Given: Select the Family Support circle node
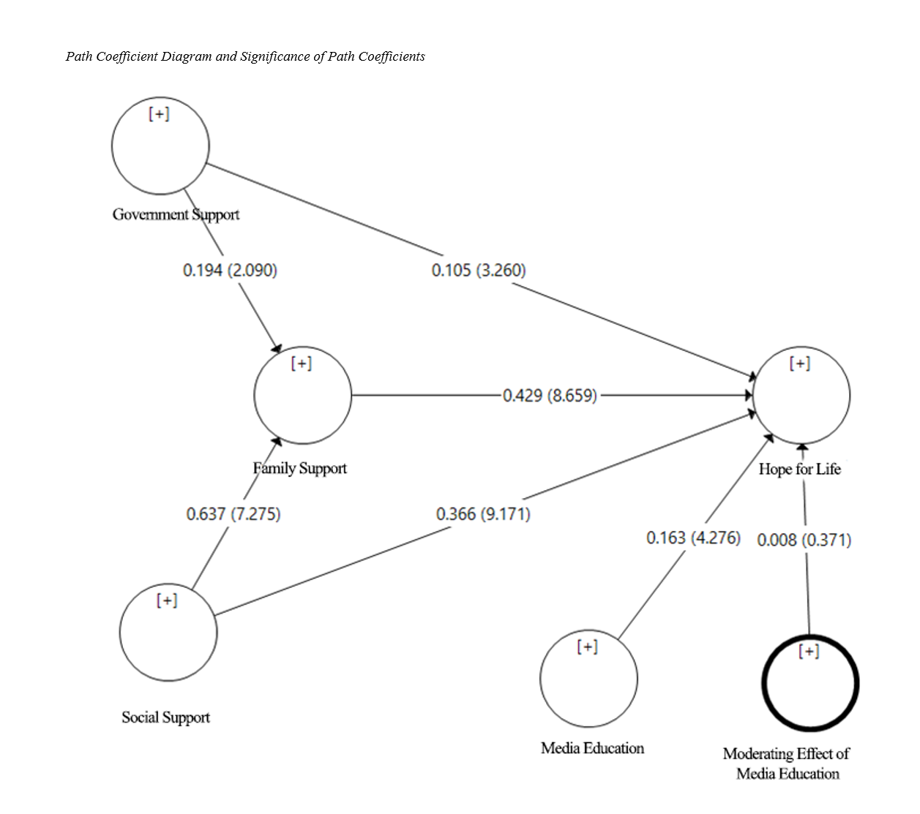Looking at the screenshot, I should (302, 395).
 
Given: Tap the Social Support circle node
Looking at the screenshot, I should (168, 633).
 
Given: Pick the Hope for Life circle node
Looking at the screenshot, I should (801, 395).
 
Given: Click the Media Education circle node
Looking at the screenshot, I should (588, 679).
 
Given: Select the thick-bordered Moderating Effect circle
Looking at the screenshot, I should (810, 683).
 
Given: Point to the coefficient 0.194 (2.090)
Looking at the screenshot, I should (230, 271).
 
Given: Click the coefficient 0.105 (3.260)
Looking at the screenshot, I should (479, 271).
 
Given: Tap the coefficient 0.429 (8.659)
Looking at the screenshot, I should (550, 396).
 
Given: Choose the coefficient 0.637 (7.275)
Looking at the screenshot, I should (233, 514).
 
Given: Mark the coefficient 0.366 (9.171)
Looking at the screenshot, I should (483, 514).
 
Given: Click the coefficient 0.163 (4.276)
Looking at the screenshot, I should (693, 538).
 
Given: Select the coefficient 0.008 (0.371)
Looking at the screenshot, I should (804, 540).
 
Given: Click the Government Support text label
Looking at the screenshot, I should (176, 214).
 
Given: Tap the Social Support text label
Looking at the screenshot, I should (165, 717).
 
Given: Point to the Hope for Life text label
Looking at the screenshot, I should (799, 469).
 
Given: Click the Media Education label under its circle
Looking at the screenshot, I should (592, 748).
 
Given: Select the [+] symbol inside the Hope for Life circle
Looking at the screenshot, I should (800, 363).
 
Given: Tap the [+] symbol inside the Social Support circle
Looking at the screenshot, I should (167, 600).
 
